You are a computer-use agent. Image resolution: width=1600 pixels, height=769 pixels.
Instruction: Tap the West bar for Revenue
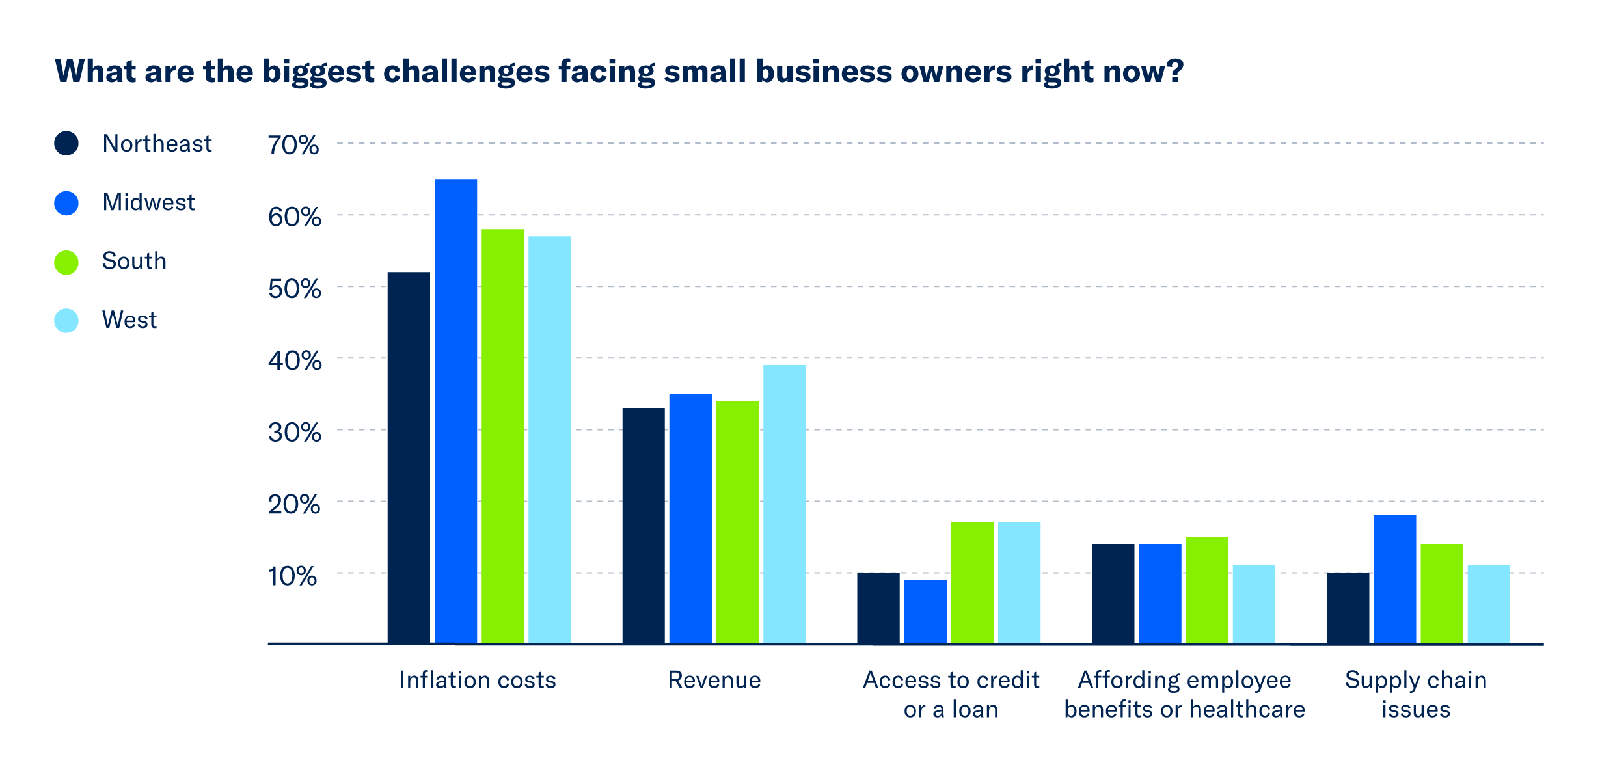point(784,504)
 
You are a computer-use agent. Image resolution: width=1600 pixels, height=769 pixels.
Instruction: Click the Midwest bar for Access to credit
point(925,611)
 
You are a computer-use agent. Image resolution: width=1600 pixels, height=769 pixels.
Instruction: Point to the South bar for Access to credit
point(971,582)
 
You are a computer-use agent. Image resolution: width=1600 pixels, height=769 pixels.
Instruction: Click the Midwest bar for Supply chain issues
point(1394,579)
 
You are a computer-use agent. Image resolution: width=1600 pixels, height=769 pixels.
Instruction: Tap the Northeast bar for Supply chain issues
point(1348,608)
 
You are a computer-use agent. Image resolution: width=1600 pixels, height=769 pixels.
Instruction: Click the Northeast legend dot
point(66,143)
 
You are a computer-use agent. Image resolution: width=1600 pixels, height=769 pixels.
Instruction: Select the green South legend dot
point(66,262)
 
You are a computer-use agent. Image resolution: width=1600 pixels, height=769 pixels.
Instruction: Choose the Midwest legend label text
point(148,202)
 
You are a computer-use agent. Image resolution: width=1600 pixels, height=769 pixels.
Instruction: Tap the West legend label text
point(129,320)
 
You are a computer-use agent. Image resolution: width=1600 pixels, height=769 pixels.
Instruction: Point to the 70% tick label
point(293,145)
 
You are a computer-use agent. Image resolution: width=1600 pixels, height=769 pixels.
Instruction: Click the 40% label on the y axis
point(294,360)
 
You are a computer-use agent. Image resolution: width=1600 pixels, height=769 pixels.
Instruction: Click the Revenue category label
point(714,680)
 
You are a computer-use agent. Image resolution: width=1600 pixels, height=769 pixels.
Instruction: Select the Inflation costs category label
point(477,680)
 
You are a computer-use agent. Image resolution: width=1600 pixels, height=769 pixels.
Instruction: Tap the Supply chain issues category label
point(1416,694)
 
